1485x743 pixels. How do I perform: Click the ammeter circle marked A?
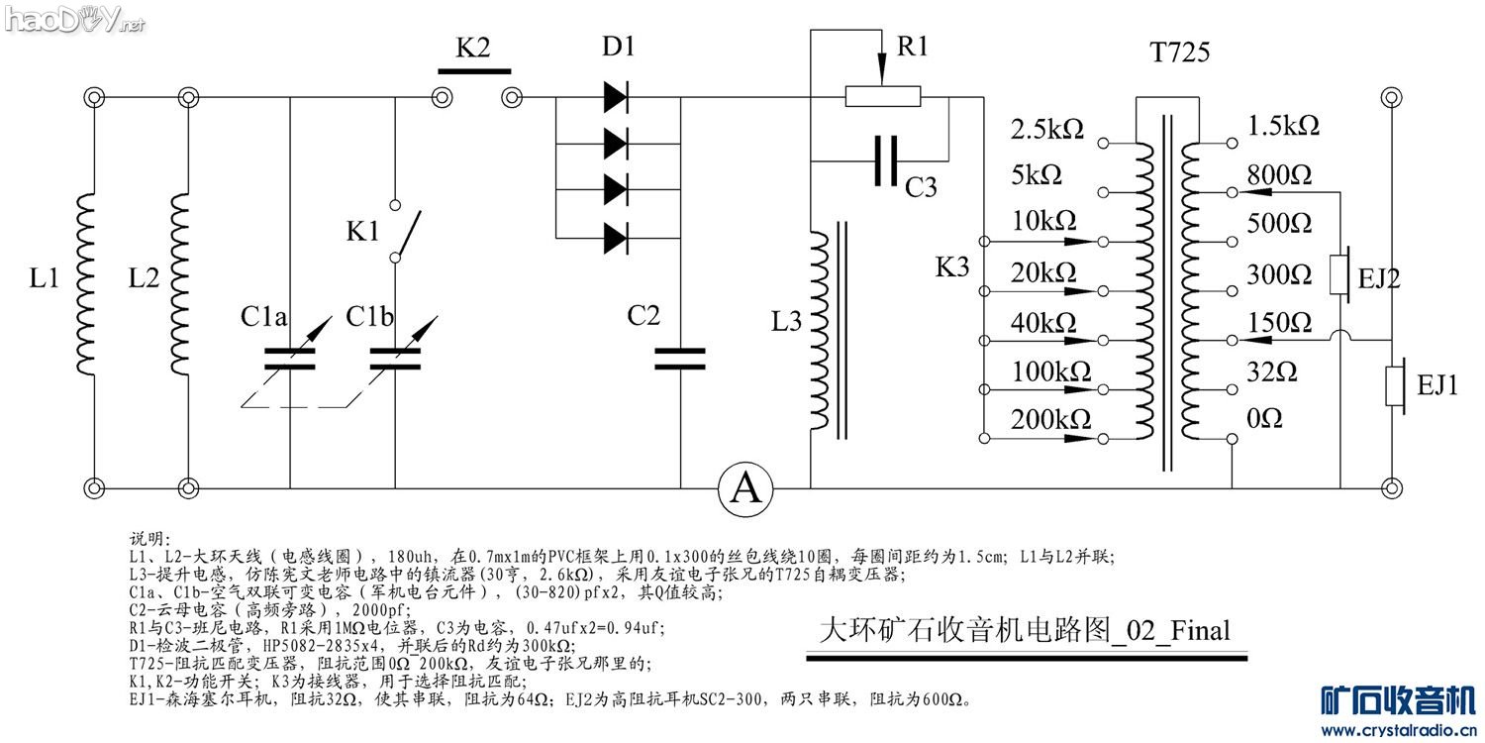[745, 488]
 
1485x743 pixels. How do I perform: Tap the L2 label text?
[144, 279]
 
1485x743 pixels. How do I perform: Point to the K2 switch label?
[472, 50]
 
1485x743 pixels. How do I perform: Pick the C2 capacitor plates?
[680, 358]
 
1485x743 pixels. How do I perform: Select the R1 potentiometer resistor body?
[882, 96]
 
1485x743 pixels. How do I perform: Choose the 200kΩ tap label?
[1050, 420]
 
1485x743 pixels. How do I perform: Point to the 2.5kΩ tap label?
[1046, 128]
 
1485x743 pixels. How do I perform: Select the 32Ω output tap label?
[1272, 371]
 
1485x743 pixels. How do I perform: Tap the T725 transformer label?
[1179, 53]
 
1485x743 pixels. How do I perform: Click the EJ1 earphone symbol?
[1396, 385]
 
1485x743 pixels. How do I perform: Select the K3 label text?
[951, 266]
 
